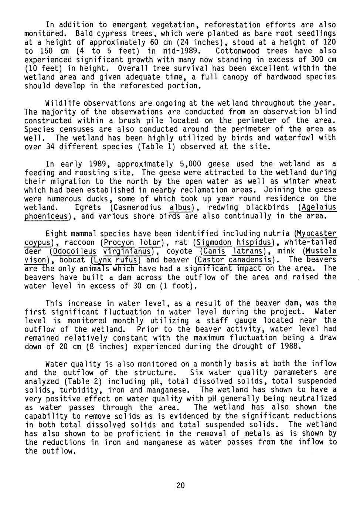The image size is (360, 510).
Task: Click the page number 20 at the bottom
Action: [180, 485]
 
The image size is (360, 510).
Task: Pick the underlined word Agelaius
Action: [318, 207]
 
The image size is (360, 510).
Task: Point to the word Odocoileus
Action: [74, 251]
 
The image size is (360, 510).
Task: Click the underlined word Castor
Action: [211, 260]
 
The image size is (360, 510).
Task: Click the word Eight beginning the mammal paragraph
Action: [57, 234]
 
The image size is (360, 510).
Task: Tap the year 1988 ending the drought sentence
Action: [292, 346]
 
